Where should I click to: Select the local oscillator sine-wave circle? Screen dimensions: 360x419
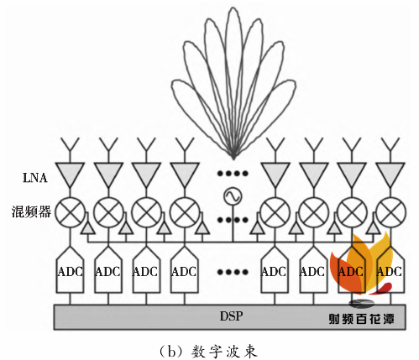[x=228, y=199]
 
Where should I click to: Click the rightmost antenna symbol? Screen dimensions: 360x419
[x=389, y=149]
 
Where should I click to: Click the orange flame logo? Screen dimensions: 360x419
[x=363, y=264]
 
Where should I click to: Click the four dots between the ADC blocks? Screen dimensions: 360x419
[x=228, y=271]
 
